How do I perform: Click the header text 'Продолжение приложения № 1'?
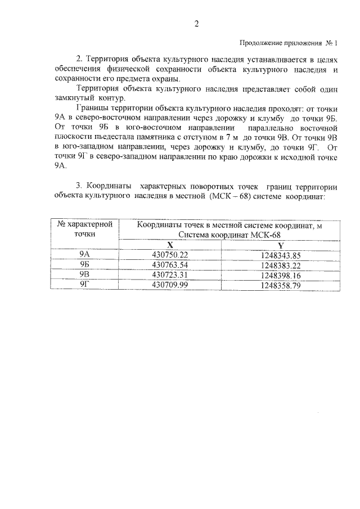point(288,43)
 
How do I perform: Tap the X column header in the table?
point(169,245)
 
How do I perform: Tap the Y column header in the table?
point(280,245)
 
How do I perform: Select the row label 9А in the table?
point(85,255)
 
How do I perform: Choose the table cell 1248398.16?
point(281,275)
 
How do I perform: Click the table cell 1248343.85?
point(281,255)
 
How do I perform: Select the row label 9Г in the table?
point(85,285)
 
